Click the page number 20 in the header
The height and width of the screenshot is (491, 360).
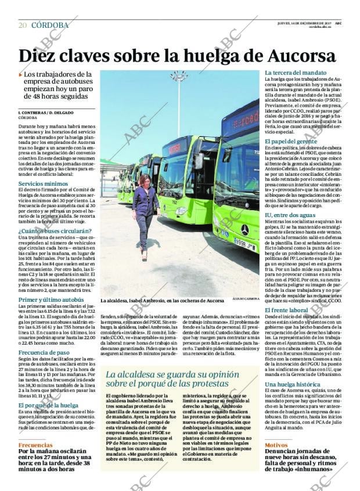23,25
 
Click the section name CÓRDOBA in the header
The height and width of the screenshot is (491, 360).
50,25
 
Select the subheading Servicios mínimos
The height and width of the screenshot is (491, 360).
42,183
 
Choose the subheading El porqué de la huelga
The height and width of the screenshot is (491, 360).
48,405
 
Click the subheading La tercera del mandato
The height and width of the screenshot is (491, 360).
295,73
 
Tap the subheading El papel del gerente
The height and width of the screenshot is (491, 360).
291,141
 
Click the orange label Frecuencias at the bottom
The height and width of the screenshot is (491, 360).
35,445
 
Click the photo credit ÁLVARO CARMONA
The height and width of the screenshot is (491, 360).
247,301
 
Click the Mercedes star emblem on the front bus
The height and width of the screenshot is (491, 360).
244,230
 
